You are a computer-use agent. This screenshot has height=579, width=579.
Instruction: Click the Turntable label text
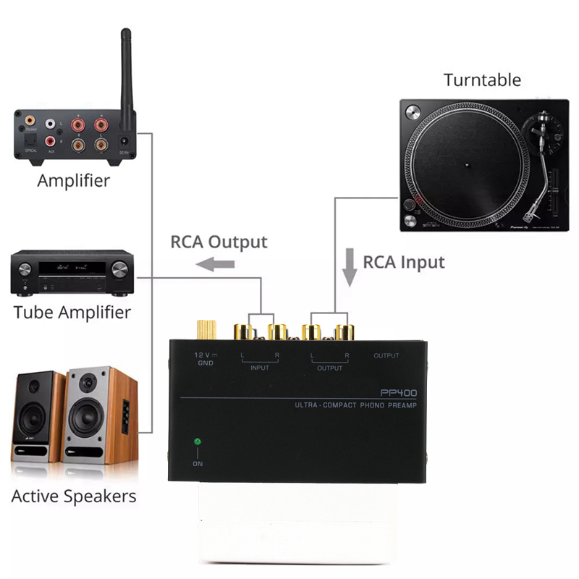pyautogui.click(x=482, y=80)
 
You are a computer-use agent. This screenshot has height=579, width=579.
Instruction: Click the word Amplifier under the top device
pyautogui.click(x=73, y=180)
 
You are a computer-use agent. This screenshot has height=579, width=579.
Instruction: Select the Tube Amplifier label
pyautogui.click(x=72, y=313)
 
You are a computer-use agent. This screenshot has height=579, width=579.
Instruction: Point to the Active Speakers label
pyautogui.click(x=74, y=496)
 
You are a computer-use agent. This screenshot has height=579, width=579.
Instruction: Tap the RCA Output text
pyautogui.click(x=219, y=242)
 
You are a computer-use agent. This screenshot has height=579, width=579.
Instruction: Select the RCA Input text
pyautogui.click(x=404, y=261)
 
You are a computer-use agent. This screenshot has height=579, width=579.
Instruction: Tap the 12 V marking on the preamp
pyautogui.click(x=203, y=355)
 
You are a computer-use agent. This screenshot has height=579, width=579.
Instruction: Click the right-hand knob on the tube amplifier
pyautogui.click(x=120, y=269)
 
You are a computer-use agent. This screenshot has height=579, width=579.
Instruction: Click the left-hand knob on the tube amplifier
pyautogui.click(x=25, y=269)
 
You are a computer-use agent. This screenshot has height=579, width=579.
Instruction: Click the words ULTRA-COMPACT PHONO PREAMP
pyautogui.click(x=357, y=405)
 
